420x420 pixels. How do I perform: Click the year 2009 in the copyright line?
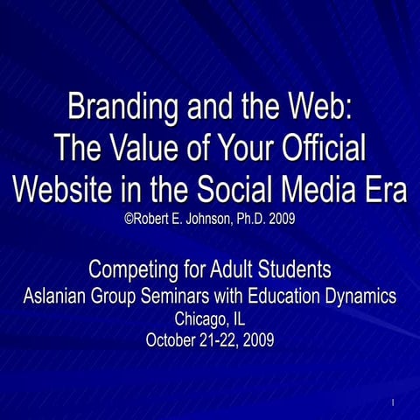[283, 218]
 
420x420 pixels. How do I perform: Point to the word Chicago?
[200, 318]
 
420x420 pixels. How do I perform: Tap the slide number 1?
[395, 402]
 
